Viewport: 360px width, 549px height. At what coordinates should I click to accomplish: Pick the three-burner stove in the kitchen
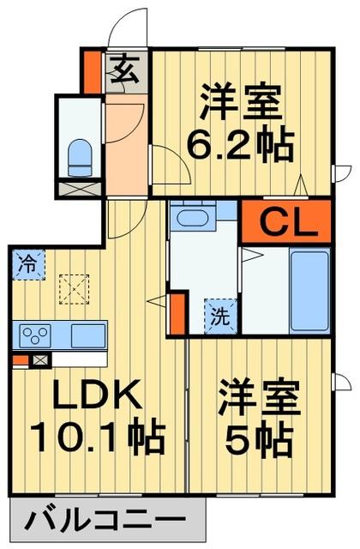point(37,335)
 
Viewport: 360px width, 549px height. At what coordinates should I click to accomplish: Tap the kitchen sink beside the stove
point(87,335)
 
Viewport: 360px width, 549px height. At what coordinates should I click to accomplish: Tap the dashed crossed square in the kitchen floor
point(72,287)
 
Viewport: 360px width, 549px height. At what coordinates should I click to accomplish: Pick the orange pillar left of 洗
point(177,313)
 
